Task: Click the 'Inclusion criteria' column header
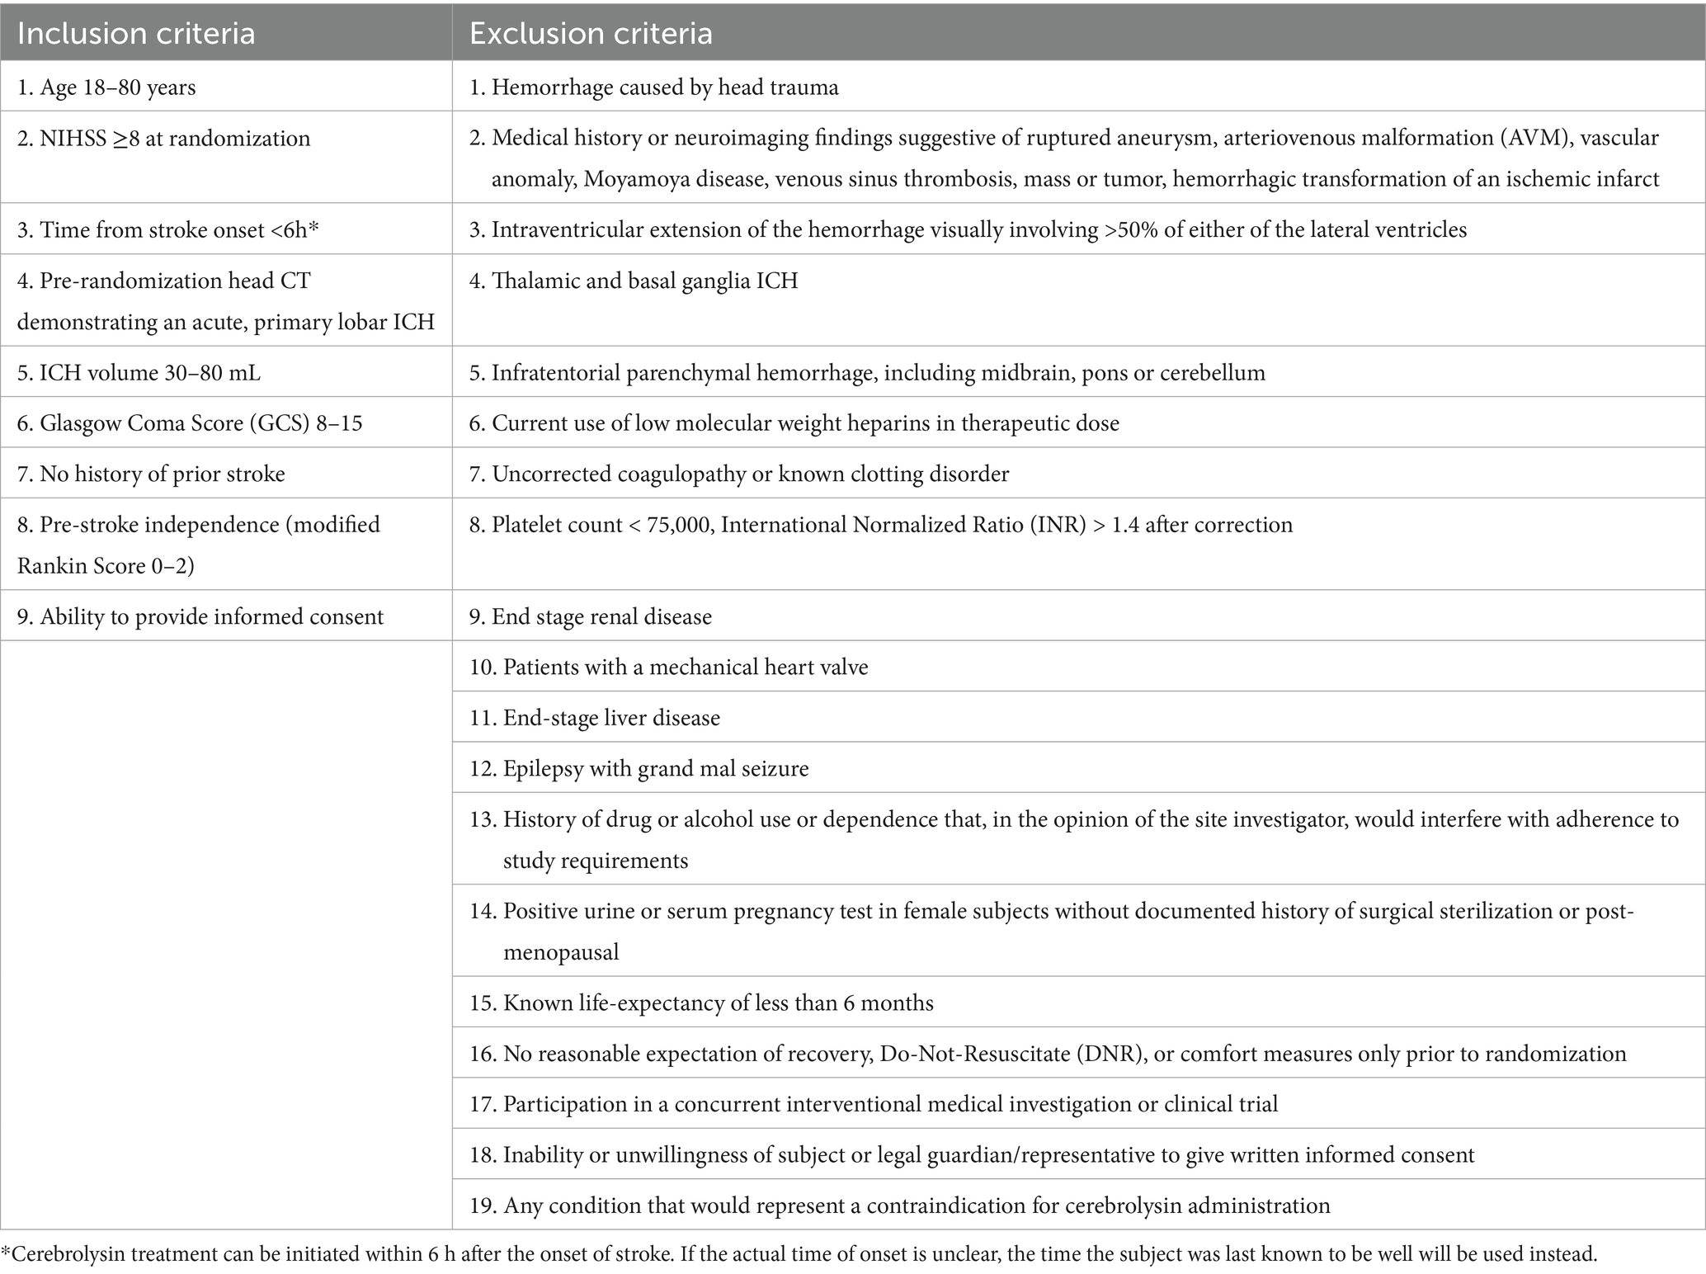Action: pyautogui.click(x=136, y=34)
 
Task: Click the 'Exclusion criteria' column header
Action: pyautogui.click(x=591, y=34)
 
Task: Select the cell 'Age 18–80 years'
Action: pyautogui.click(x=106, y=87)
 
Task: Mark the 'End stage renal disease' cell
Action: pyautogui.click(x=591, y=617)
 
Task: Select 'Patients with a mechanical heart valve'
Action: pyautogui.click(x=669, y=667)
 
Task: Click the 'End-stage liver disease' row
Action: pyautogui.click(x=595, y=718)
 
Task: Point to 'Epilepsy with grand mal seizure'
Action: pyautogui.click(x=639, y=769)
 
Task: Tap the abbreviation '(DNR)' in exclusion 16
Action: pyautogui.click(x=1106, y=1054)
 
